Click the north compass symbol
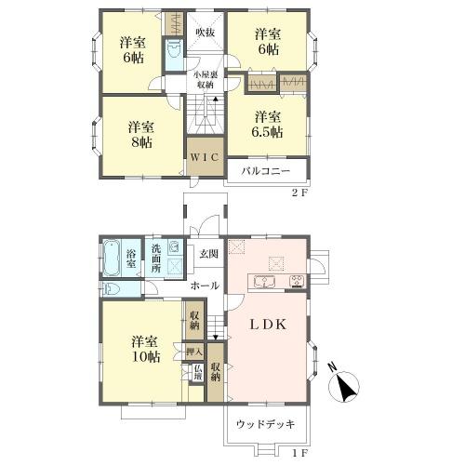click(x=343, y=384)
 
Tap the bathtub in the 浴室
click(x=112, y=259)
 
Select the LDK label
click(x=268, y=325)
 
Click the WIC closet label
click(x=204, y=157)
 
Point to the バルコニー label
click(x=266, y=171)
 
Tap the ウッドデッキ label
click(x=266, y=424)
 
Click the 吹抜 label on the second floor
click(x=206, y=33)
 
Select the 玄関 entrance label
click(x=208, y=254)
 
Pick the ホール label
click(x=205, y=286)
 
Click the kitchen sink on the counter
click(x=264, y=282)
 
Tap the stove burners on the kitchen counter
click(x=298, y=282)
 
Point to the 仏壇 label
click(x=197, y=373)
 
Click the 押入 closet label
click(x=194, y=352)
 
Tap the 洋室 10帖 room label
click(x=145, y=350)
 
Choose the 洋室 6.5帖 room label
click(x=267, y=125)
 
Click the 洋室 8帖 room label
click(x=141, y=135)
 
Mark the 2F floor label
click(x=299, y=193)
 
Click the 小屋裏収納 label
click(x=204, y=80)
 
